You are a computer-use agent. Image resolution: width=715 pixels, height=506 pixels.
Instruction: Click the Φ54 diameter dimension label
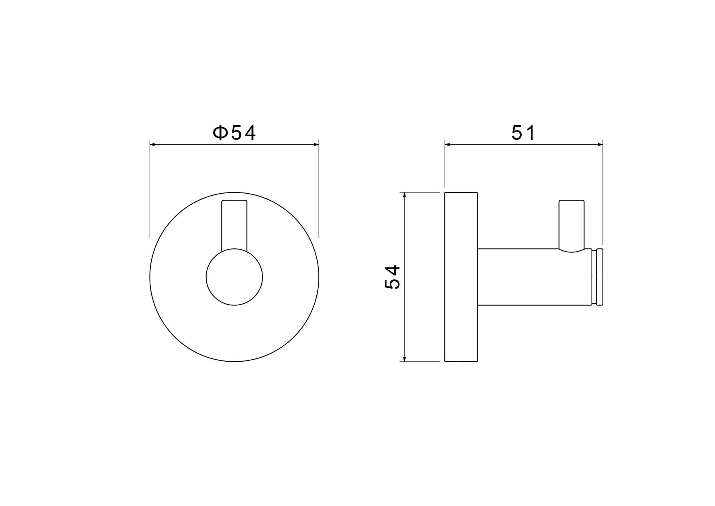(x=234, y=133)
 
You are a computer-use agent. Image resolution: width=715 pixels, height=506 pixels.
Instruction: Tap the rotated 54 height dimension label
(x=393, y=277)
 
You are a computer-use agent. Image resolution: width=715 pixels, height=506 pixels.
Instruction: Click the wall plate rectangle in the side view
(x=461, y=277)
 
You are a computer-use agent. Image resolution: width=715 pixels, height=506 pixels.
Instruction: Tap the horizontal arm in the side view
(x=534, y=277)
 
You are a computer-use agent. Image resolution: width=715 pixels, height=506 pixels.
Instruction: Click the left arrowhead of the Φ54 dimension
(x=152, y=144)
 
